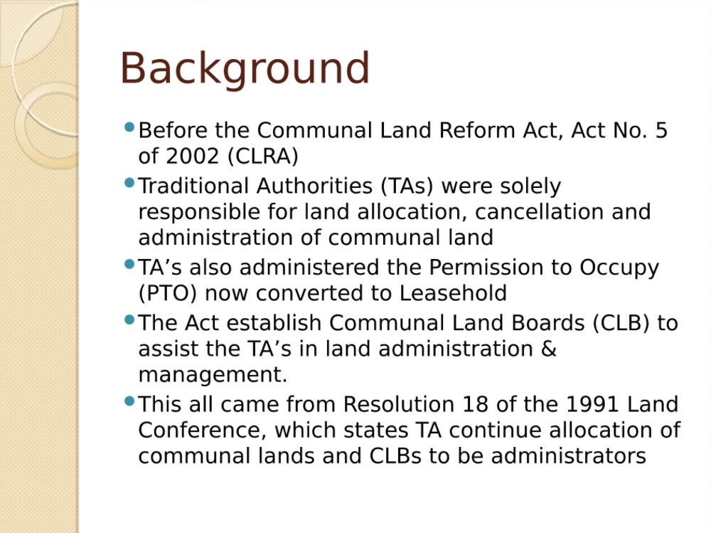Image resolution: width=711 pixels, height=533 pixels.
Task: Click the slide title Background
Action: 245,69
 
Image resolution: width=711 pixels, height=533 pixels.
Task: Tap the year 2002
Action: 192,156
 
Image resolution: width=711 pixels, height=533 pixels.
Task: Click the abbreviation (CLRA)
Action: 263,157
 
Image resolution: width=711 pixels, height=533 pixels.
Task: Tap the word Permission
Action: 486,268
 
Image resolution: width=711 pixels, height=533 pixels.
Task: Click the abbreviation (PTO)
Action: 167,293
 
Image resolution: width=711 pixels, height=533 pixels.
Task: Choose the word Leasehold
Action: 452,293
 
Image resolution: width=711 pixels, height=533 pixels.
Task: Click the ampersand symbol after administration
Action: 549,349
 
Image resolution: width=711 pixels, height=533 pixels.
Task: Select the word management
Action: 213,376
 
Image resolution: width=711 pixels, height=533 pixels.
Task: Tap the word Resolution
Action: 399,404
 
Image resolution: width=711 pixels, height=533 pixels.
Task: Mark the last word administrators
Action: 569,456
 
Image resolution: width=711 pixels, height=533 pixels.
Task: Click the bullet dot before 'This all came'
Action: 129,401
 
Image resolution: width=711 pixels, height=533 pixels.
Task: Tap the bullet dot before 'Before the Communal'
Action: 129,127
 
